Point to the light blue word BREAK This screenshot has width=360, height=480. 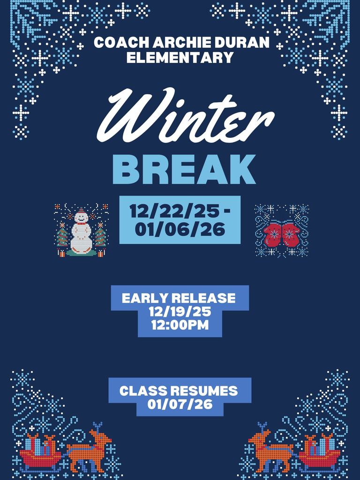coord(184,169)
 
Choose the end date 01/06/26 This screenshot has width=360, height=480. coord(180,230)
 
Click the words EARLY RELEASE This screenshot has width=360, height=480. coord(179,298)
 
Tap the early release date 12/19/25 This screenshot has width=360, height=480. coord(180,312)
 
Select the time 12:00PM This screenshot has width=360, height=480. coord(180,325)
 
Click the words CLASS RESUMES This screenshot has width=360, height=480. coord(179,390)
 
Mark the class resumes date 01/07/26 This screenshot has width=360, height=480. coord(180,404)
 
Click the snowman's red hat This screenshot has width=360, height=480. coord(82,213)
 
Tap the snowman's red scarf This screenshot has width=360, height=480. coord(82,223)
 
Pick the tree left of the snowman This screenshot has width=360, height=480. coord(62,236)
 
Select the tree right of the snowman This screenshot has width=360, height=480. coord(100,236)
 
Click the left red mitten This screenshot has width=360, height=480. coord(273,234)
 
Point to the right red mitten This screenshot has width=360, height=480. coord(291,234)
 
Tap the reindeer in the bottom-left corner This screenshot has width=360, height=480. coord(89,450)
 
